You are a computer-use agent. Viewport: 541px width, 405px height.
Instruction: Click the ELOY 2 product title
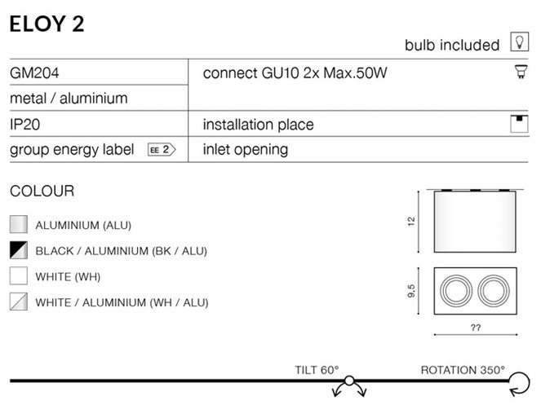click(47, 24)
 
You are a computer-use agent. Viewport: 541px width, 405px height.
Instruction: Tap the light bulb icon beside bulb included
click(517, 42)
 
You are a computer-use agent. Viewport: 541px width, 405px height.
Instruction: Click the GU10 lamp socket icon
click(517, 73)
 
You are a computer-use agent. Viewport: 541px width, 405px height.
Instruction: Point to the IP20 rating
click(25, 125)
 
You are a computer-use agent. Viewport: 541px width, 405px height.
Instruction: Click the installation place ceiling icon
click(517, 124)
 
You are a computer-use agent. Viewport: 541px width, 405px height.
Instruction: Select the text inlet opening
click(245, 150)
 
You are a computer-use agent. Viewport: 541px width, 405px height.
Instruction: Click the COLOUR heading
click(42, 191)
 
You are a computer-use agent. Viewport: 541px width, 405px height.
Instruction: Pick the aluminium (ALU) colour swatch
click(19, 225)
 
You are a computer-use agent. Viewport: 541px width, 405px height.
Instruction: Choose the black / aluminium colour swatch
click(19, 250)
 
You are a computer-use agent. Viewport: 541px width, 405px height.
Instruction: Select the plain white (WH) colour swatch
click(19, 276)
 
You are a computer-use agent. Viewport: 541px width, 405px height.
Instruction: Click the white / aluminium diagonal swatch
click(19, 302)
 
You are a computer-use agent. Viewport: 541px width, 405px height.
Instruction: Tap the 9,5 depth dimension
click(413, 290)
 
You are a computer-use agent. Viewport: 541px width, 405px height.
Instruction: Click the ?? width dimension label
click(475, 328)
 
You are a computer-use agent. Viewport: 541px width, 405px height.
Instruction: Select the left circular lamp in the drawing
click(455, 290)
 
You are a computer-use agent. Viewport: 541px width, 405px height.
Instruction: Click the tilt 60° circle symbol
click(349, 381)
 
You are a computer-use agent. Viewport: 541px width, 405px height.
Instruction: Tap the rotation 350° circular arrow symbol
click(519, 381)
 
